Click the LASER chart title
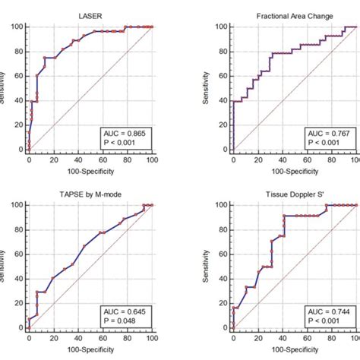coord(90,16)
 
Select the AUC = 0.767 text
coord(329,133)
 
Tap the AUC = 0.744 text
coord(329,311)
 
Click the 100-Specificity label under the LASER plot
coord(90,172)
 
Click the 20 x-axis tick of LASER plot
coord(53,160)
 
